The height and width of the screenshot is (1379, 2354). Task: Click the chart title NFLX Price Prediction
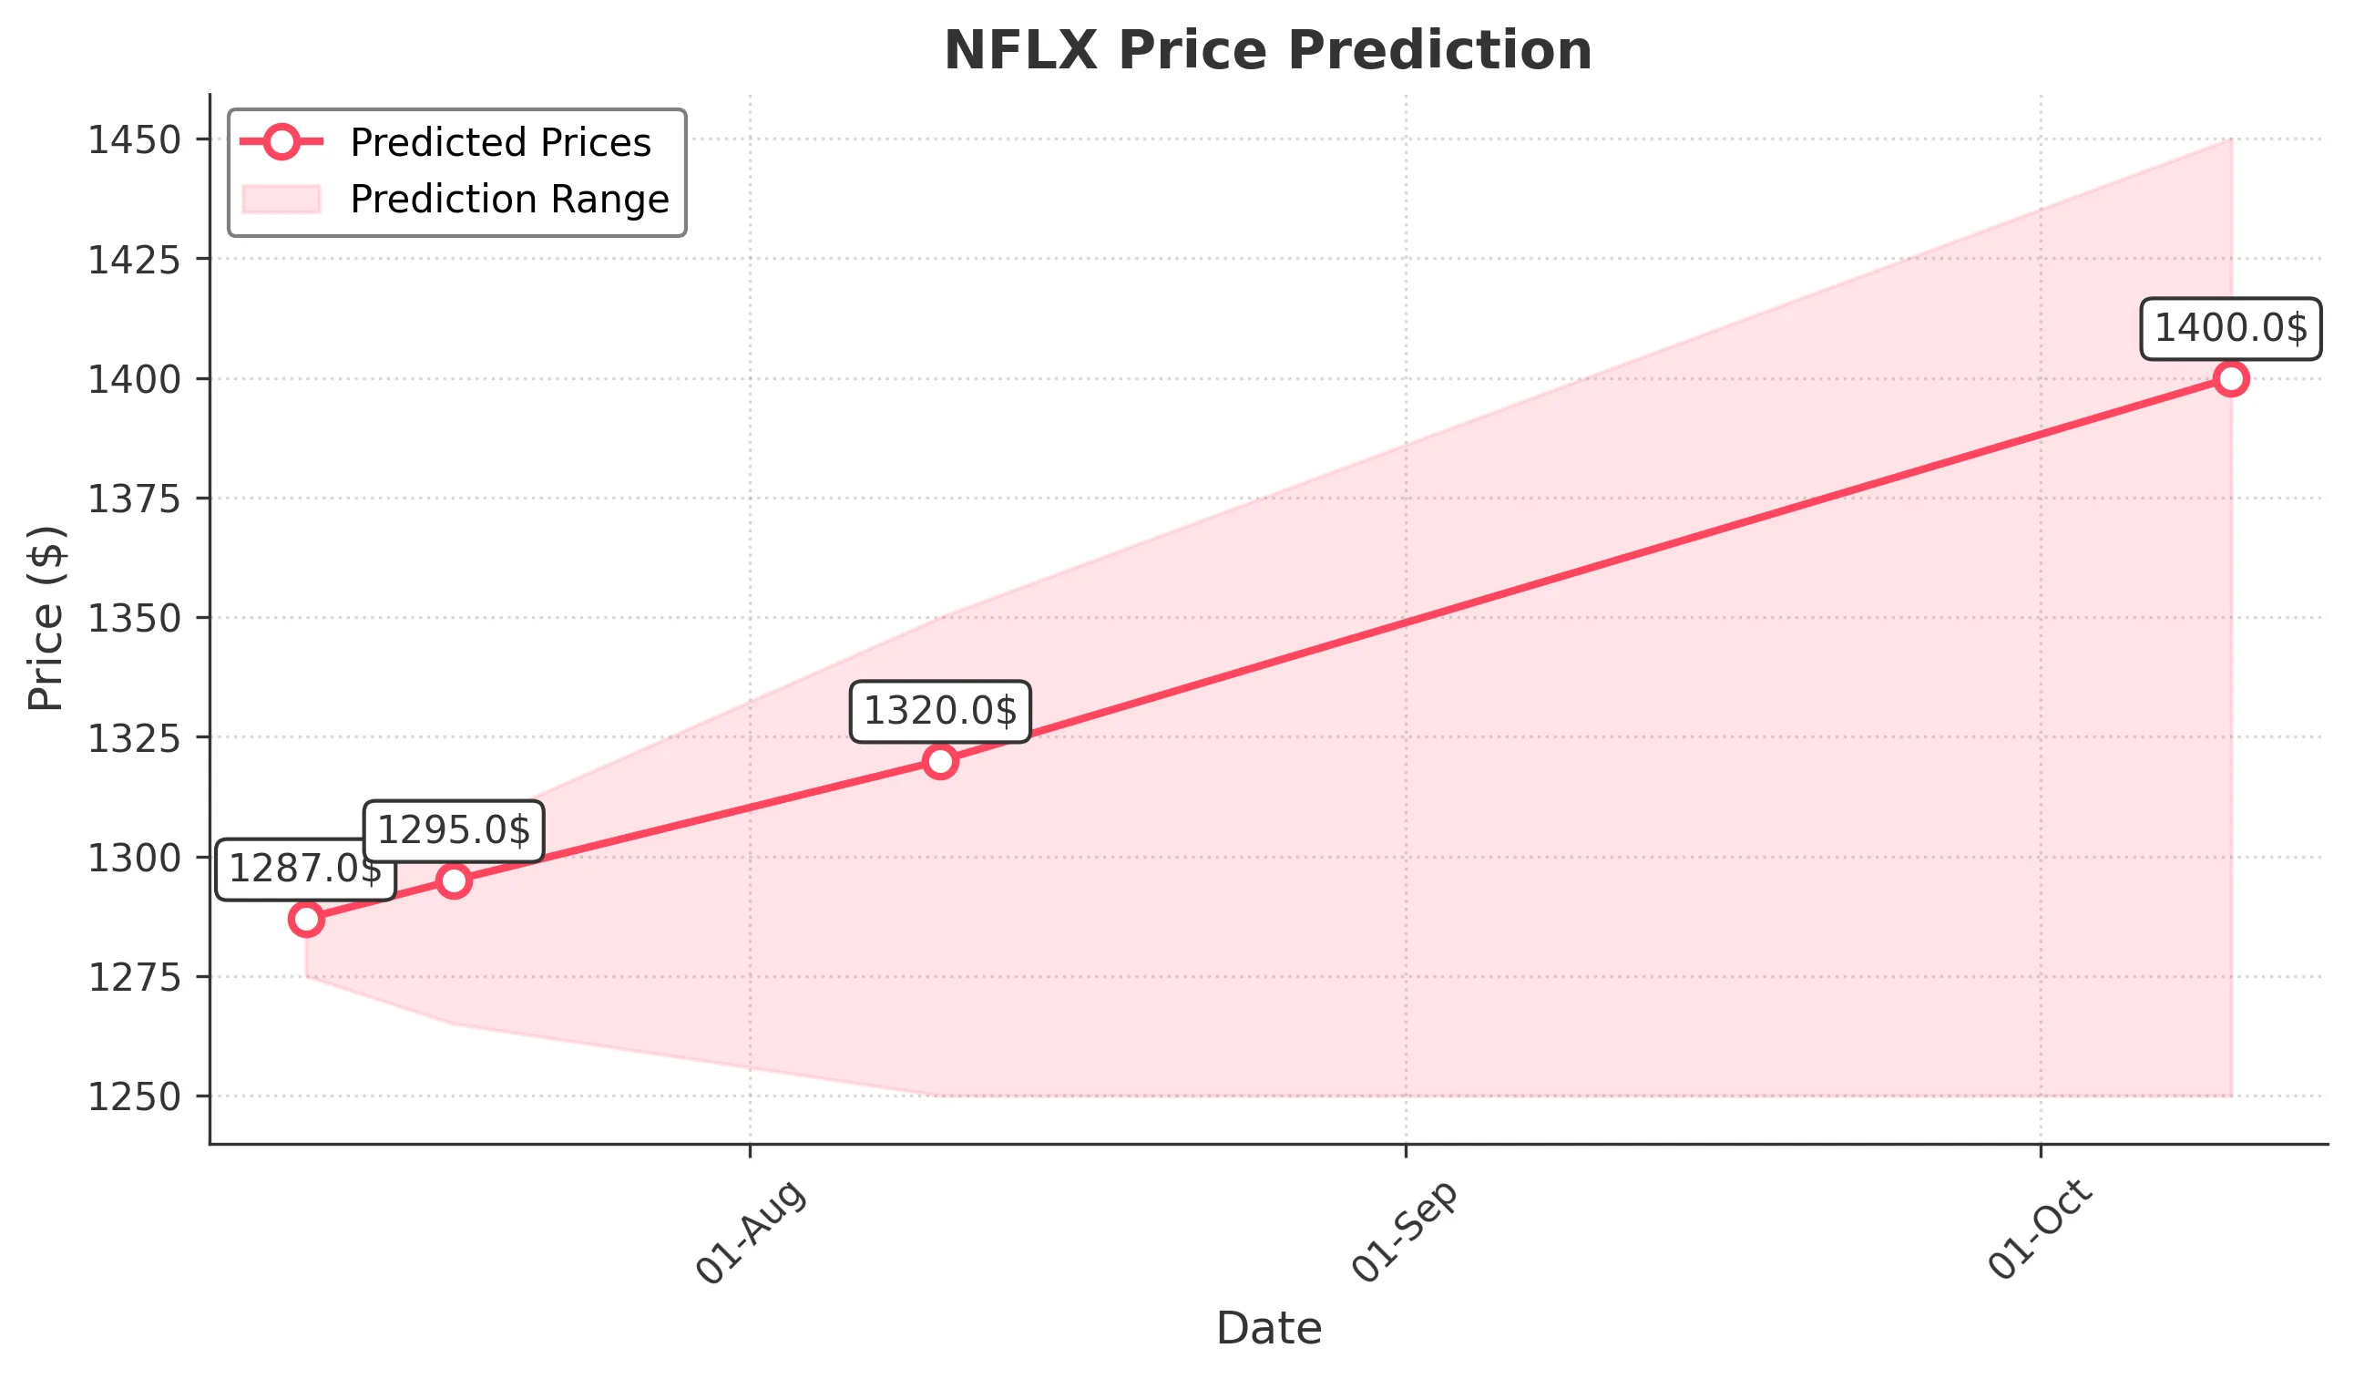click(x=1267, y=50)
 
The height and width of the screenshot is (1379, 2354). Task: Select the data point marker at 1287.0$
click(x=306, y=920)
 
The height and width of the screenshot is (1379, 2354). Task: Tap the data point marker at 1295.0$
click(x=454, y=880)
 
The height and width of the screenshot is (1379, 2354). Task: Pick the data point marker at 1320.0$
click(x=940, y=761)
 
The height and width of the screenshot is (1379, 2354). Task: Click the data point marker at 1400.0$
click(x=2231, y=378)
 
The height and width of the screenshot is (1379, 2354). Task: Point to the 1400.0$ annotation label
click(x=2231, y=329)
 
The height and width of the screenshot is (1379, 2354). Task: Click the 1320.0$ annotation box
click(x=940, y=712)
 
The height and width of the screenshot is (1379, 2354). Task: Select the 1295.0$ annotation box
click(x=454, y=830)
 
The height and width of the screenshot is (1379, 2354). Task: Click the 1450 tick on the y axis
click(x=134, y=140)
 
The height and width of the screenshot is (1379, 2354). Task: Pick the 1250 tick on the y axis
click(x=134, y=1096)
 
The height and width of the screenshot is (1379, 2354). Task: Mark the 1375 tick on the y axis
click(x=134, y=499)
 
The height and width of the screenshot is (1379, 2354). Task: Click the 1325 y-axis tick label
click(x=134, y=738)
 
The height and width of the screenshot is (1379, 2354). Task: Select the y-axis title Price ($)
click(x=45, y=619)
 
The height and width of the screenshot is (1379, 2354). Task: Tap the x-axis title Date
click(x=1268, y=1329)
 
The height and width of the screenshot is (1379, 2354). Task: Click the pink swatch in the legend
click(x=281, y=199)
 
